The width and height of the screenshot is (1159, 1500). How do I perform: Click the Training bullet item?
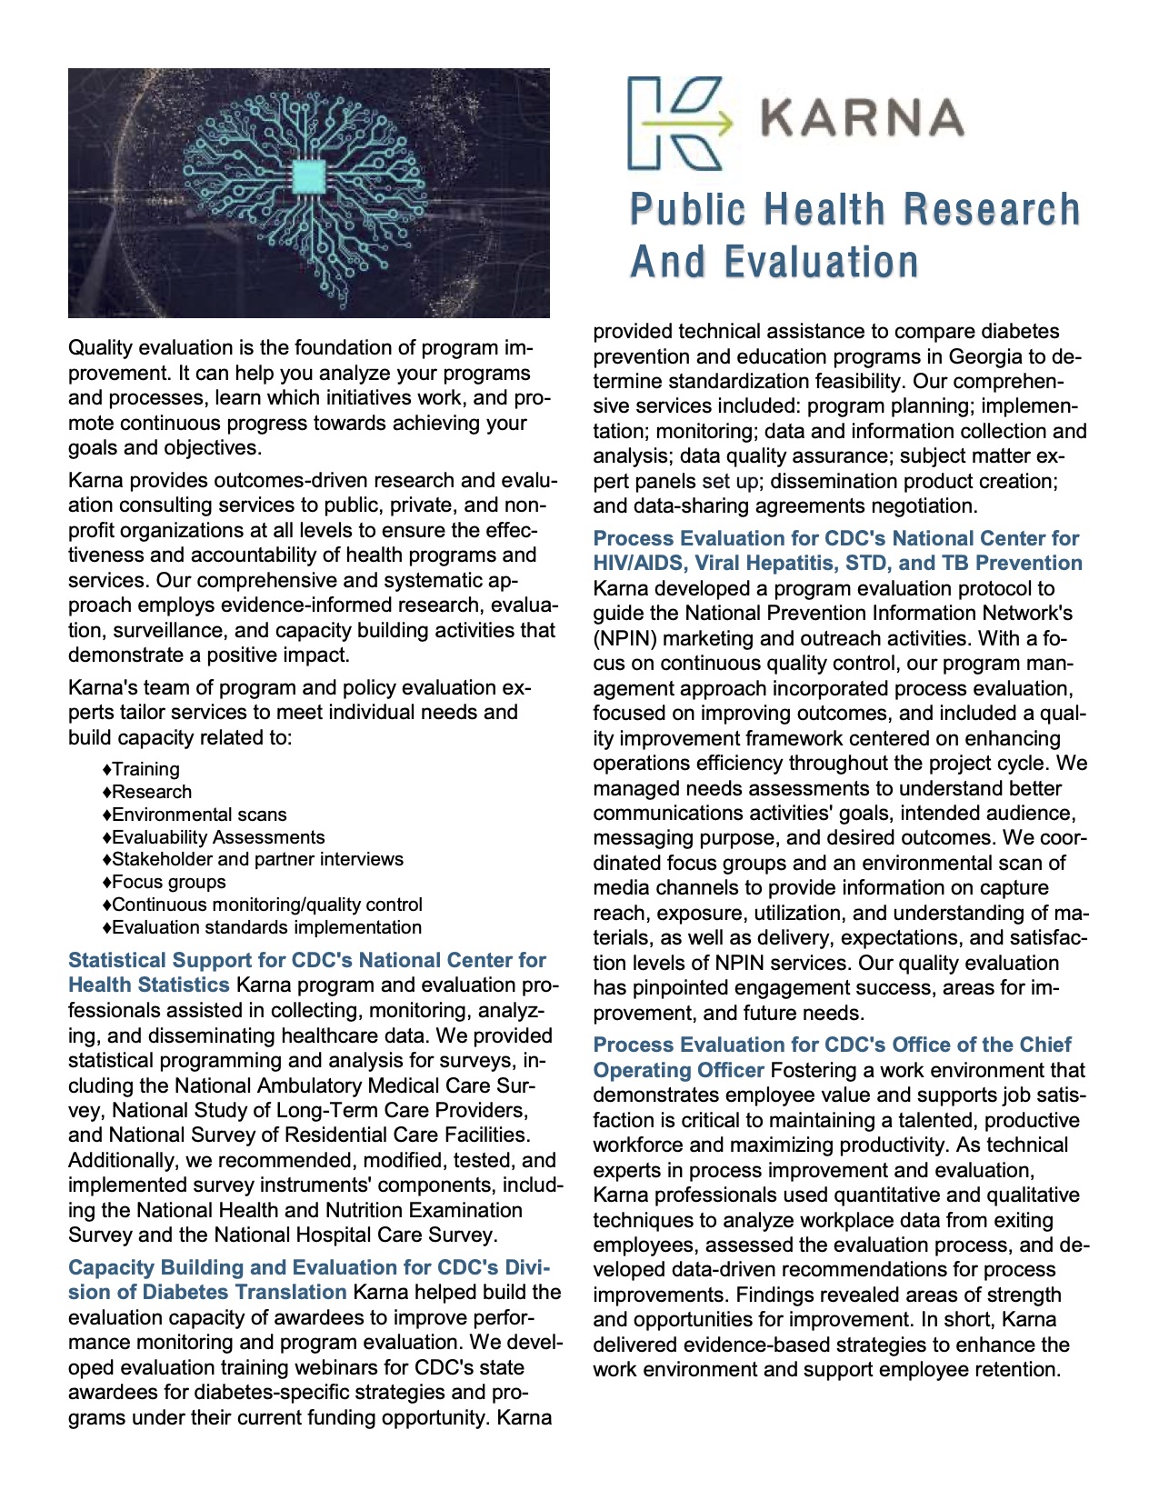point(145,769)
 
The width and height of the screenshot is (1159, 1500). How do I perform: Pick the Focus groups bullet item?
point(168,882)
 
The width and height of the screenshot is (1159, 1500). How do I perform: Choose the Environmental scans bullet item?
point(199,815)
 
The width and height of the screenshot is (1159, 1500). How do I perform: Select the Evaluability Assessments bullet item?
point(218,837)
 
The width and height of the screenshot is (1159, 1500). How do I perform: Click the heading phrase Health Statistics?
point(149,985)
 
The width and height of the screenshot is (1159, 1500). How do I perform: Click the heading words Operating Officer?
point(678,1071)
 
